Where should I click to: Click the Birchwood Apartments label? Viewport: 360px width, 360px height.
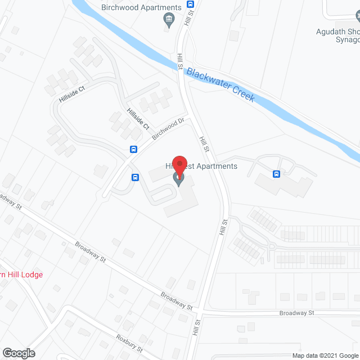141,7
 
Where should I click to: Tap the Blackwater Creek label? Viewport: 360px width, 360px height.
220,84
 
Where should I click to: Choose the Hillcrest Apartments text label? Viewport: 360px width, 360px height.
201,166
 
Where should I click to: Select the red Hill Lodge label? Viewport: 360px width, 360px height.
21,274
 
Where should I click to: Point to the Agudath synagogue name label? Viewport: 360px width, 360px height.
337,32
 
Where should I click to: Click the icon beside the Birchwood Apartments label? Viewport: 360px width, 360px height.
168,21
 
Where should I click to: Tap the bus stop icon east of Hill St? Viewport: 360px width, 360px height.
276,174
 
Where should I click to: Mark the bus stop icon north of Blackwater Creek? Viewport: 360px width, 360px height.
190,3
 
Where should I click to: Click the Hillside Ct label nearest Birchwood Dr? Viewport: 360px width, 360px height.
138,119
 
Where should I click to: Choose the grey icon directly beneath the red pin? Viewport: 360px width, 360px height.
179,180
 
